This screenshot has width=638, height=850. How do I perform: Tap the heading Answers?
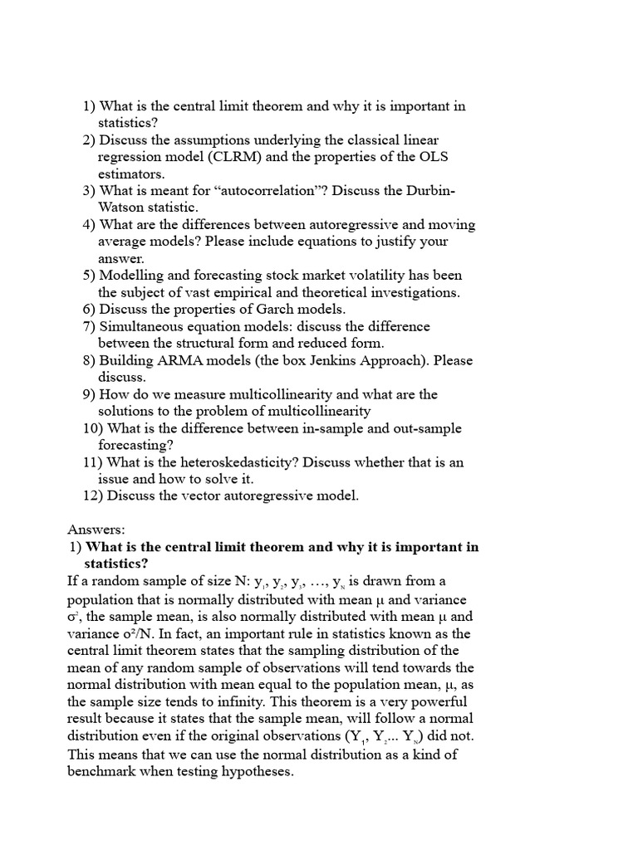click(96, 530)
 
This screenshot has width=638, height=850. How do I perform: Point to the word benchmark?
click(104, 771)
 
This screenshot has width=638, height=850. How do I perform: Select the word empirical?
click(231, 293)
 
